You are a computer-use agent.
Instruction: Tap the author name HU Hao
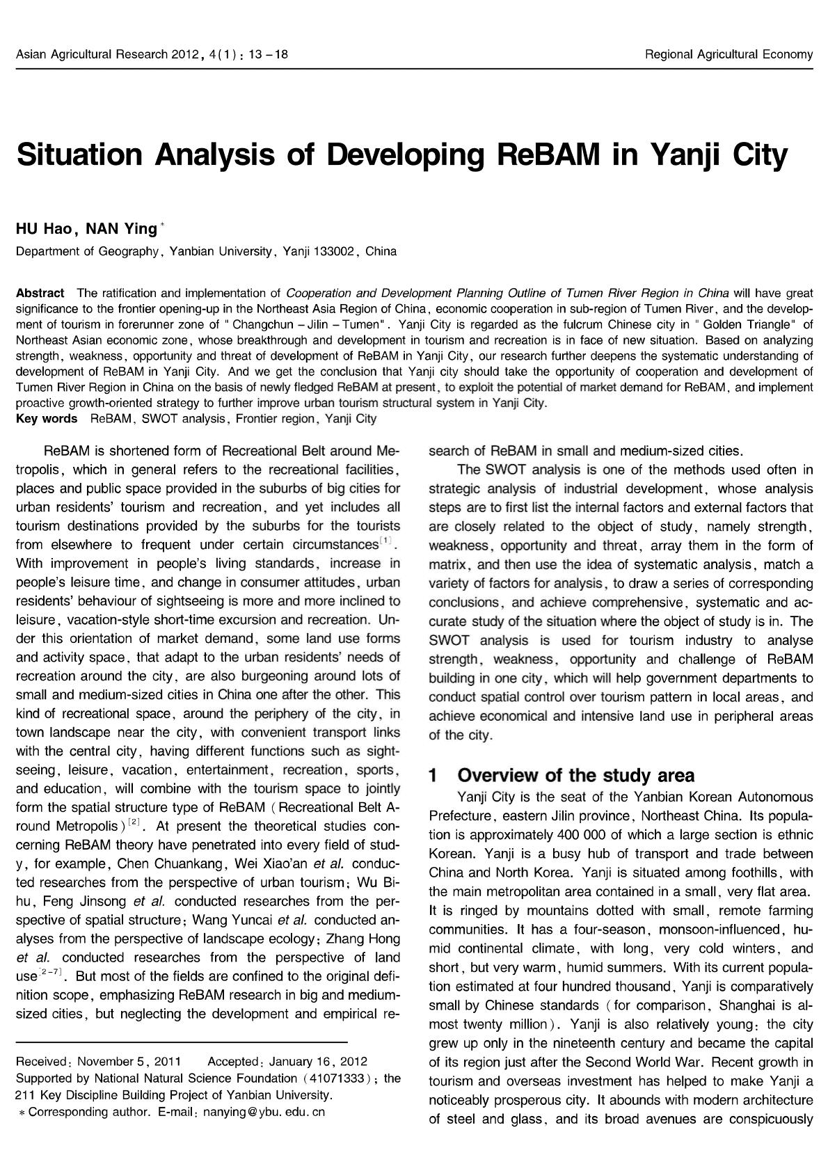click(43, 229)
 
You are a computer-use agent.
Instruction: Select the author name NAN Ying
click(121, 229)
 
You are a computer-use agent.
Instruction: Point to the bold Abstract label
click(40, 292)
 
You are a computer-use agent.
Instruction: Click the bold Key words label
click(47, 418)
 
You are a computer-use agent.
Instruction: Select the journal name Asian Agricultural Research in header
click(91, 54)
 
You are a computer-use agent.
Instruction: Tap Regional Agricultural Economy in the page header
click(729, 54)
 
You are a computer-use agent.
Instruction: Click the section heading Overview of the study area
click(575, 775)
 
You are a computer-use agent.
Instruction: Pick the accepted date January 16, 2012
click(318, 1061)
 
